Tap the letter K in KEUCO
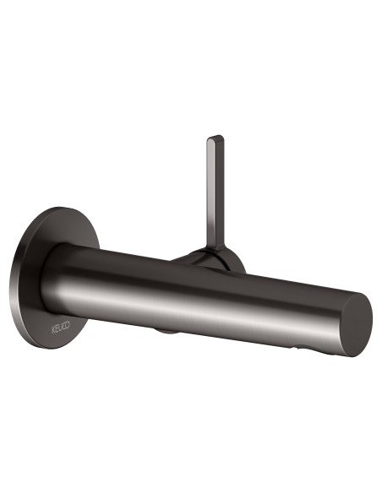(52, 330)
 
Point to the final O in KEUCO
(68, 324)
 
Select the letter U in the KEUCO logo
(60, 328)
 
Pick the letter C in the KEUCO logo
(64, 326)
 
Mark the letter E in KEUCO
(56, 329)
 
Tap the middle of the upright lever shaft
(216, 192)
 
